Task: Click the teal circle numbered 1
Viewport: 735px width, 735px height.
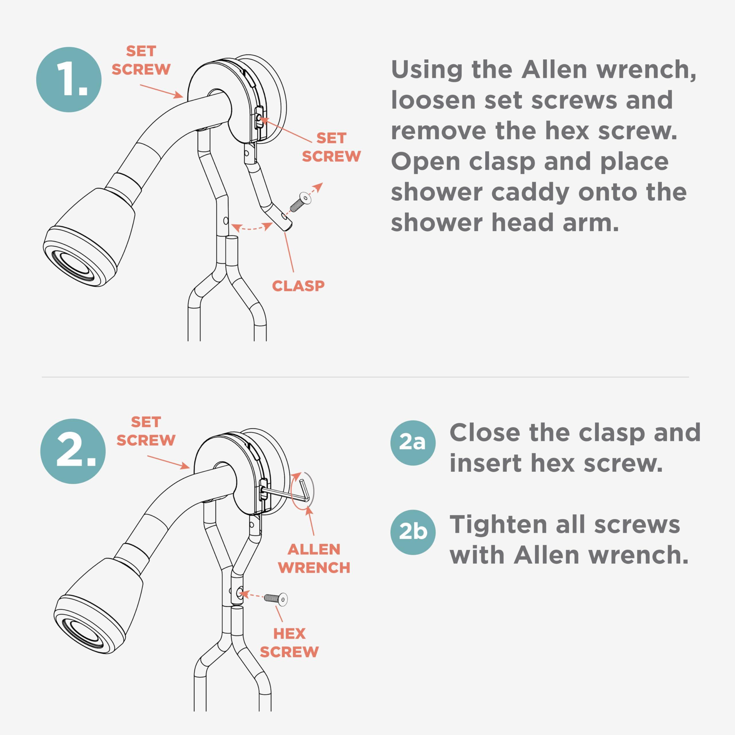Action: click(69, 80)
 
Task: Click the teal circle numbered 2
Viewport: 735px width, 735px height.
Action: click(73, 451)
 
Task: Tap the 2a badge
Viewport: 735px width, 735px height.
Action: click(413, 443)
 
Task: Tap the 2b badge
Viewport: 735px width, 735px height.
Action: click(413, 532)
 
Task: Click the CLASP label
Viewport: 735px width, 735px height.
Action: click(298, 286)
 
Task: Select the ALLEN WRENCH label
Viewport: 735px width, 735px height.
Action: click(314, 558)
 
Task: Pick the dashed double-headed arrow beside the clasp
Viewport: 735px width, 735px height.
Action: click(252, 228)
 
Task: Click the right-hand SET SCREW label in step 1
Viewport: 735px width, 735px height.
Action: click(331, 147)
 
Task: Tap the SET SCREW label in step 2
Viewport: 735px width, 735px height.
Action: click(146, 431)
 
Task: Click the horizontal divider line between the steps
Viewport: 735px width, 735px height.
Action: click(365, 377)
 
